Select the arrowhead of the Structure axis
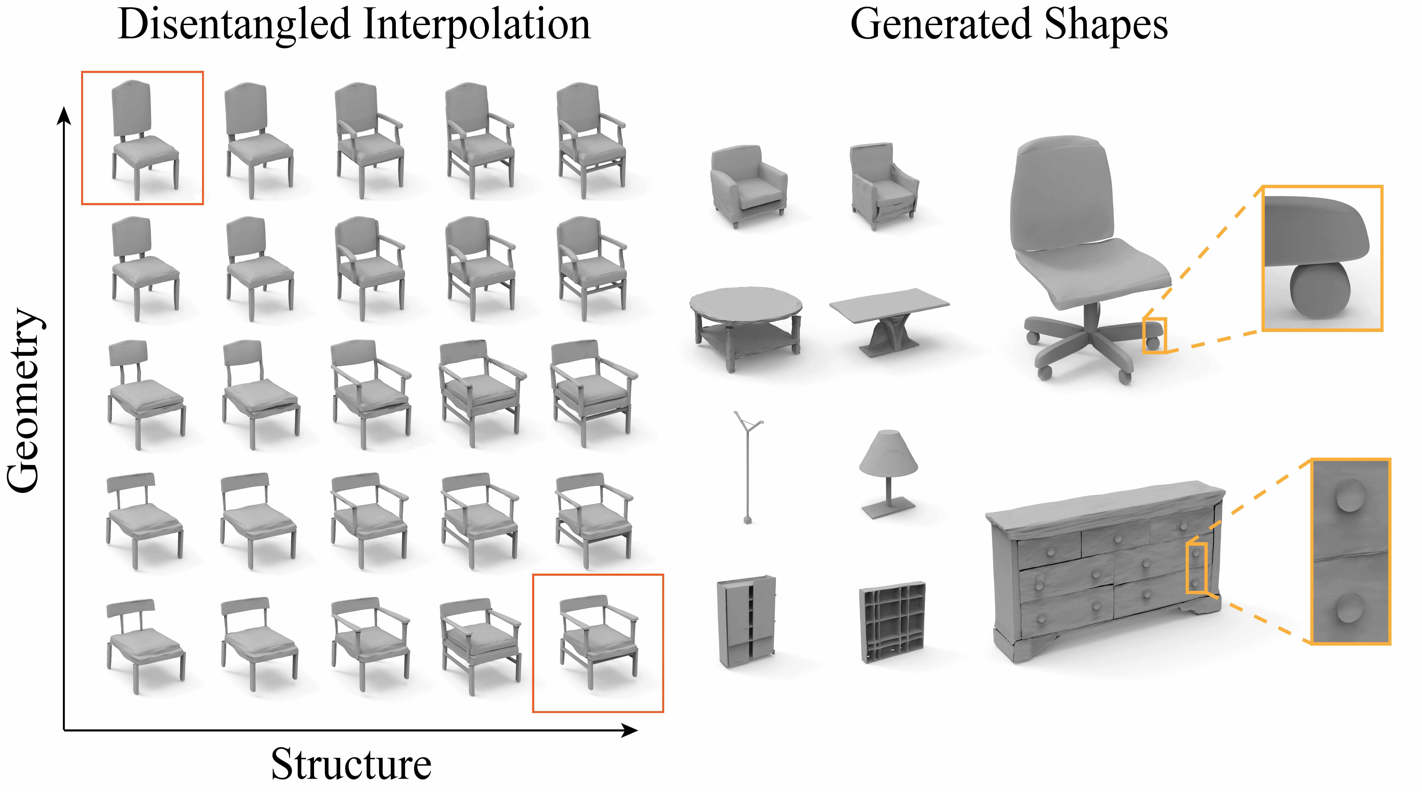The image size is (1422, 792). click(629, 730)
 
